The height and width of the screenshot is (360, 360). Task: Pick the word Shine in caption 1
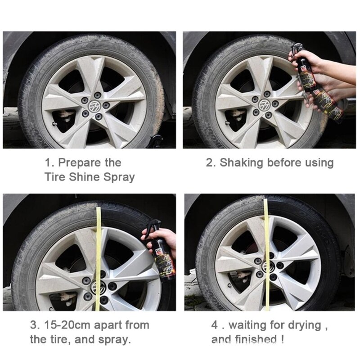[90, 176]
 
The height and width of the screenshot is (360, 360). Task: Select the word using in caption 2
[318, 162]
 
